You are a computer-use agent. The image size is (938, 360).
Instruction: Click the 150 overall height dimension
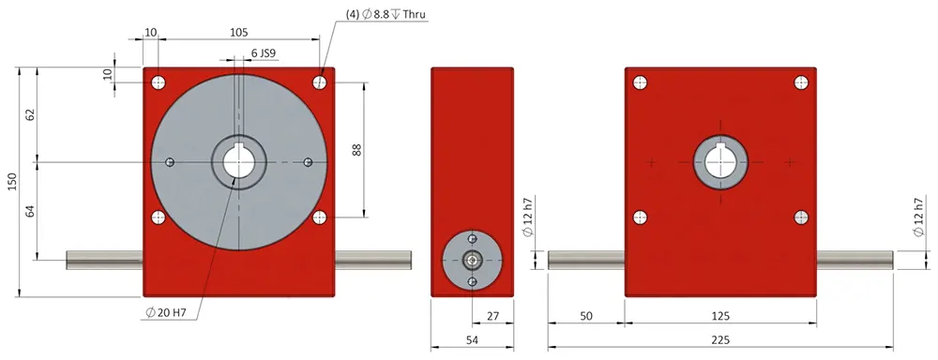pyautogui.click(x=12, y=181)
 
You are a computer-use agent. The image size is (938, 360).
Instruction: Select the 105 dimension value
pyautogui.click(x=239, y=32)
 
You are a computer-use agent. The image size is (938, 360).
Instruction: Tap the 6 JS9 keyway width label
pyautogui.click(x=263, y=53)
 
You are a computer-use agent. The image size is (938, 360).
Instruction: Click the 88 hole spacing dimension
pyautogui.click(x=356, y=149)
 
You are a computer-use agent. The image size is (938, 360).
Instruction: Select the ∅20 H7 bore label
pyautogui.click(x=167, y=312)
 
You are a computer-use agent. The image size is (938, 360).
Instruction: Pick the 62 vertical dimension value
pyautogui.click(x=30, y=114)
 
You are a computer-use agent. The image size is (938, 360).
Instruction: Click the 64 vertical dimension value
pyautogui.click(x=30, y=212)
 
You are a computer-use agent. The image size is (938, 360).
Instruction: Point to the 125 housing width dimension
pyautogui.click(x=720, y=317)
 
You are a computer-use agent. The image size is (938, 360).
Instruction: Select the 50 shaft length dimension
pyautogui.click(x=586, y=317)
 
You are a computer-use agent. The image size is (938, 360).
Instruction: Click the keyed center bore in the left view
pyautogui.click(x=239, y=162)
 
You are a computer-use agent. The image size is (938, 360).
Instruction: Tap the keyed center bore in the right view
pyautogui.click(x=719, y=161)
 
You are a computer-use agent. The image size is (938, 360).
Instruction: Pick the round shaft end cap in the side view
pyautogui.click(x=473, y=260)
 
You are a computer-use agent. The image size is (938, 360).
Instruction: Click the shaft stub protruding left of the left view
pyautogui.click(x=104, y=260)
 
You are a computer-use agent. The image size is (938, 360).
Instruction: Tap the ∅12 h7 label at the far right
pyautogui.click(x=918, y=218)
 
